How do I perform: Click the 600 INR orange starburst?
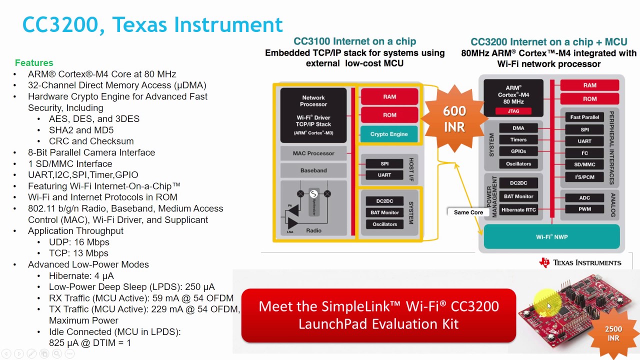coord(454,118)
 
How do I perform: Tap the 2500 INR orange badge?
coord(613,333)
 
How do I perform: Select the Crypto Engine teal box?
coord(389,134)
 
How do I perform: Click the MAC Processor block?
coord(313,153)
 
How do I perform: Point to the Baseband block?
coord(313,170)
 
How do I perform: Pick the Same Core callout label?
coord(468,212)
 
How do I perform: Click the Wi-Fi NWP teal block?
coord(551,237)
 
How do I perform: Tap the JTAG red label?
coord(513,110)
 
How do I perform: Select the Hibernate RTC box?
coord(518,210)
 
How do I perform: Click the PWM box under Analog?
coord(584,209)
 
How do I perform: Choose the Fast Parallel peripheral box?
coord(584,117)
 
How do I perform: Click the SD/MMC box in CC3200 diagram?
coord(584,164)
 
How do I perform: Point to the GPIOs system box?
coord(518,151)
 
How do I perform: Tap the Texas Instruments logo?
coord(580,262)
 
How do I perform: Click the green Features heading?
coord(34,63)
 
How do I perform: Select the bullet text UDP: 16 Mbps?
coord(79,242)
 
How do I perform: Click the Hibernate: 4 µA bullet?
coord(81,276)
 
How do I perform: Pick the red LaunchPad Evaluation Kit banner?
coord(378,315)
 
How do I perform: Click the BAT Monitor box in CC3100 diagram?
coord(384,212)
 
